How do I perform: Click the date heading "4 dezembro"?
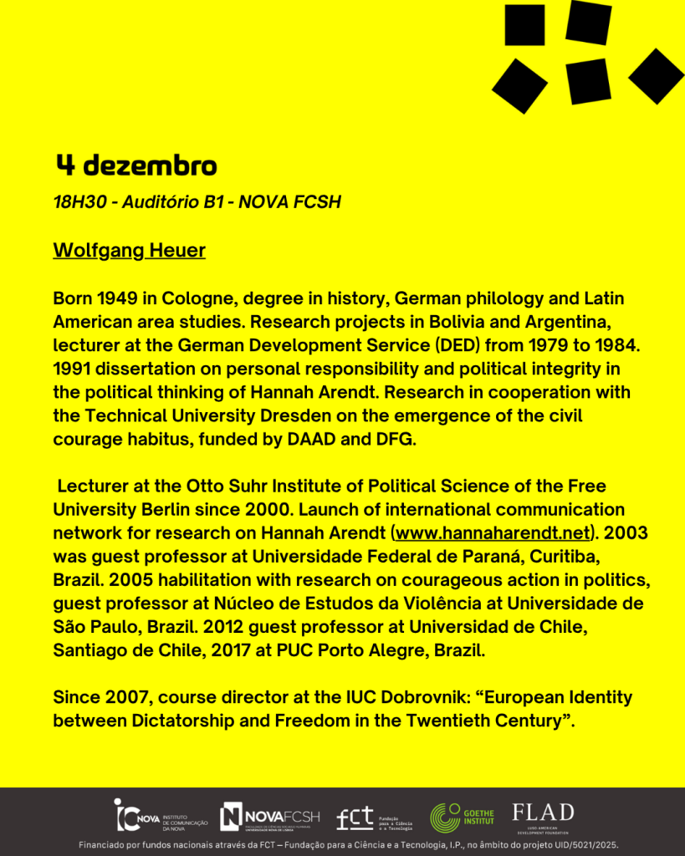point(136,166)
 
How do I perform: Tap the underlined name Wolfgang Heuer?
point(129,250)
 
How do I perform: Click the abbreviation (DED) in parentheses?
point(459,344)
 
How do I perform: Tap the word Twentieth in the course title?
point(419,720)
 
